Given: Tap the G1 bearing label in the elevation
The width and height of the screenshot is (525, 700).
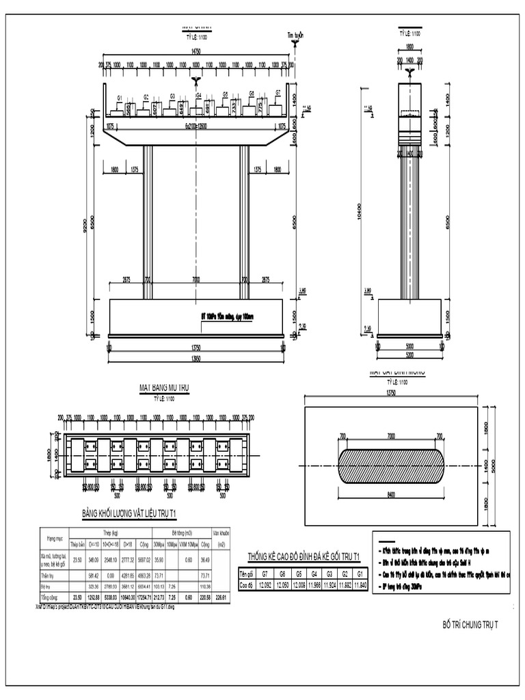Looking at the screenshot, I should [x=120, y=98].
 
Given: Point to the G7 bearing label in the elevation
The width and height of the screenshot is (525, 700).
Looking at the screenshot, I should [x=278, y=92].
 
